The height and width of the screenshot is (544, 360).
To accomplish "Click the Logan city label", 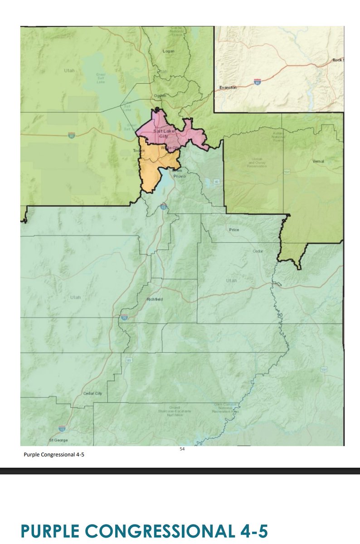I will (x=168, y=51).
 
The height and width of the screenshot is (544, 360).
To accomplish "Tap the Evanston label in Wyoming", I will (x=228, y=88).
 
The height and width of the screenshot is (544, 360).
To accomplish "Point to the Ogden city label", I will (x=161, y=95).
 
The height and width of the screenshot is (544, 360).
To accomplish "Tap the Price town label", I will (x=234, y=230).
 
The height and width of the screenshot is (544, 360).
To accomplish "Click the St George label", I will (x=58, y=441).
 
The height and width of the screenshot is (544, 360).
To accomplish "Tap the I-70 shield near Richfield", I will (x=124, y=318).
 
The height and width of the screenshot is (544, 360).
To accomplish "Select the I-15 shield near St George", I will (x=61, y=428).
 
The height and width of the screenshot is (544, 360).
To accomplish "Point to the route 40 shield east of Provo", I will (x=217, y=181).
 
